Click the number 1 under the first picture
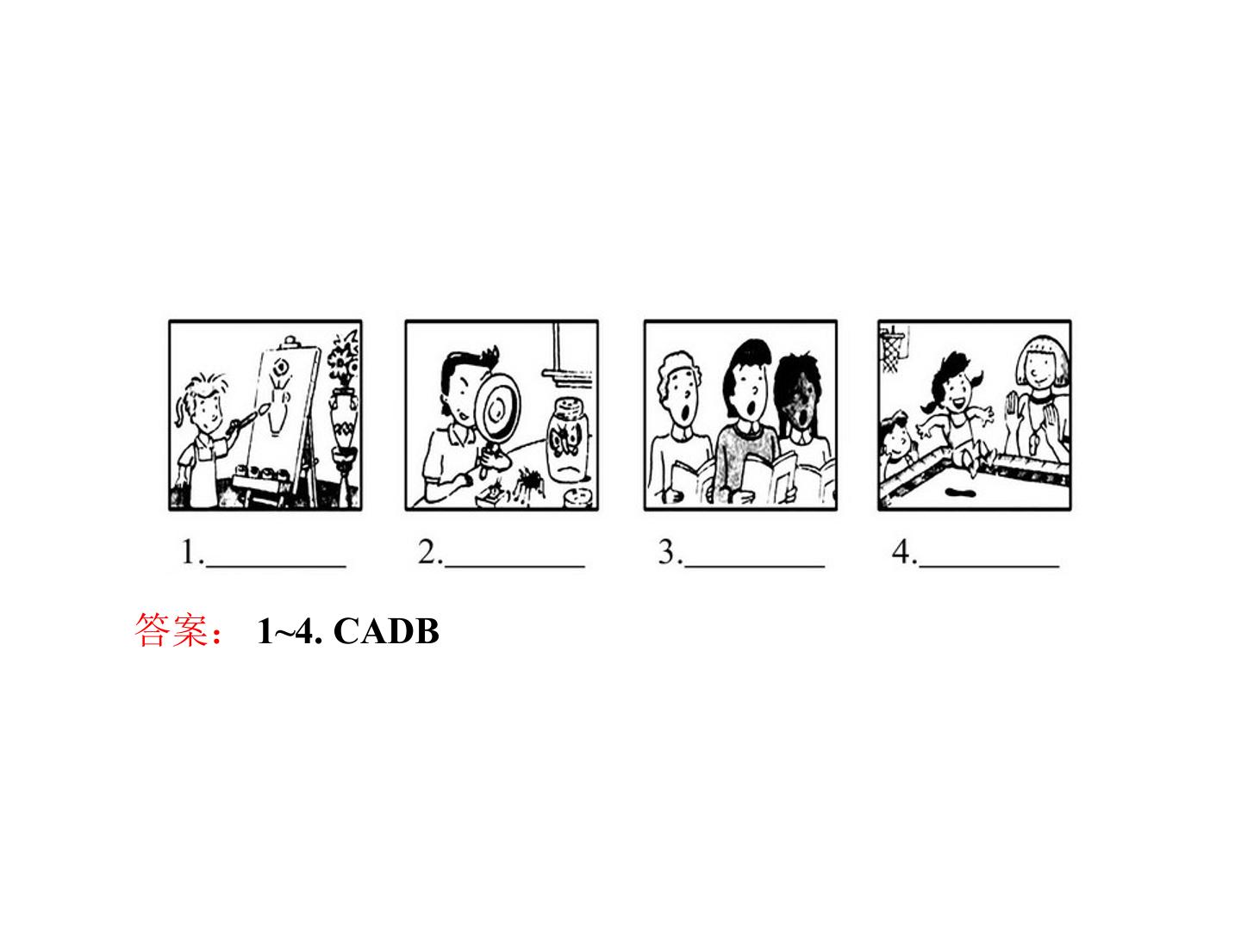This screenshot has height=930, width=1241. pos(188,552)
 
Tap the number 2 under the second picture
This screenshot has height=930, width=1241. pos(426,552)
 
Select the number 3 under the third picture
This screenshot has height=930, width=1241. pos(666,552)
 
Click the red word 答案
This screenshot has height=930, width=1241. pos(171,629)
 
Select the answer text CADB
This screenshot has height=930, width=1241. pos(386,630)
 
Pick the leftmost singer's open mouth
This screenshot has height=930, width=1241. pos(685,416)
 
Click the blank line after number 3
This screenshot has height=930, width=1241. pos(754,565)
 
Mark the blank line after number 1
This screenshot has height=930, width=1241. pos(276,565)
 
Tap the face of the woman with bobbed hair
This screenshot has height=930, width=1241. pos(1039,371)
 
